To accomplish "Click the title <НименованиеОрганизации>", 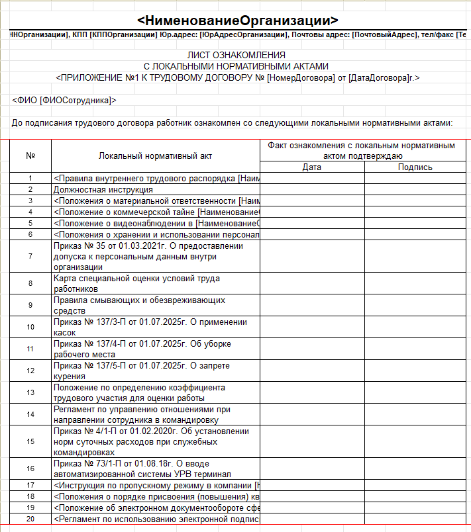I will pyautogui.click(x=237, y=20).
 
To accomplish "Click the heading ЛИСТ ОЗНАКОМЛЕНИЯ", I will pyautogui.click(x=236, y=55).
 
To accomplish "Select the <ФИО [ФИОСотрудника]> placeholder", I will pyautogui.click(x=64, y=100).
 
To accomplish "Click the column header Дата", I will pyautogui.click(x=312, y=167).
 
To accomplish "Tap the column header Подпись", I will pyautogui.click(x=415, y=167).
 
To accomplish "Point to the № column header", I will pyautogui.click(x=30, y=155).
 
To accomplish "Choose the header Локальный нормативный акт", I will pyautogui.click(x=156, y=155).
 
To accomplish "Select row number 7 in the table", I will pyautogui.click(x=30, y=256).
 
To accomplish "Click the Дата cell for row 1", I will pyautogui.click(x=312, y=178).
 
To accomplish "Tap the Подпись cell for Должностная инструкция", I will pyautogui.click(x=415, y=189).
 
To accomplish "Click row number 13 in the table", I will pyautogui.click(x=30, y=392).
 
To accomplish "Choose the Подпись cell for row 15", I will pyautogui.click(x=415, y=441).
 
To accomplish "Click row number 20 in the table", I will pyautogui.click(x=30, y=519).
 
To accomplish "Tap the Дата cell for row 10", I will pyautogui.click(x=312, y=327).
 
